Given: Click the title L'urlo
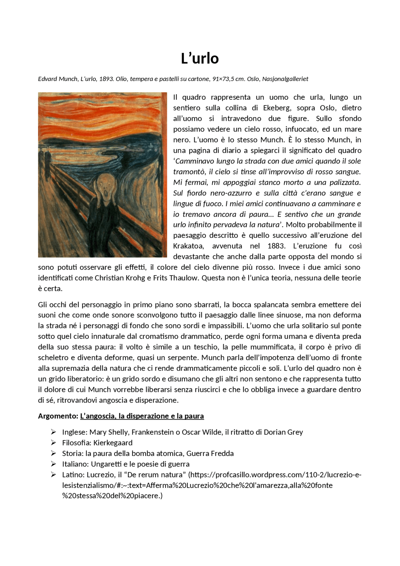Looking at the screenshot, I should pyautogui.click(x=200, y=58).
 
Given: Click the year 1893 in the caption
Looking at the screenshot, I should pyautogui.click(x=106, y=79).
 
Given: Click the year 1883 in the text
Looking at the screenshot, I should pyautogui.click(x=276, y=246).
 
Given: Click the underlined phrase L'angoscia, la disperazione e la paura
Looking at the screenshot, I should pyautogui.click(x=142, y=416).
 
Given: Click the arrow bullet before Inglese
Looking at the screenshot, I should pyautogui.click(x=53, y=432).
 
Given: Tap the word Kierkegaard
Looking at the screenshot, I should pyautogui.click(x=113, y=443).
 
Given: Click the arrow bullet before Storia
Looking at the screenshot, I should pyautogui.click(x=53, y=453).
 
